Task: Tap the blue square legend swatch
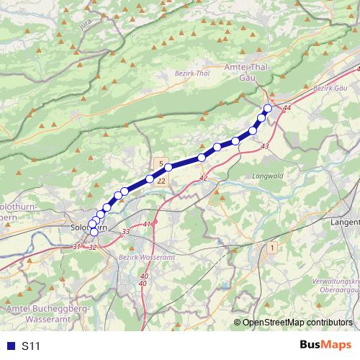11,346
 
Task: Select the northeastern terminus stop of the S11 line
268,109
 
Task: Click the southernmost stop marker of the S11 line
94,232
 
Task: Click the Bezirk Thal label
192,73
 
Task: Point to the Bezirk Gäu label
331,88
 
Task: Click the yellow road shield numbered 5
161,163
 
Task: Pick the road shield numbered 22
161,181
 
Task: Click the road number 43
265,146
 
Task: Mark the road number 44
287,107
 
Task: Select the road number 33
126,231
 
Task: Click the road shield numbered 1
272,247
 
